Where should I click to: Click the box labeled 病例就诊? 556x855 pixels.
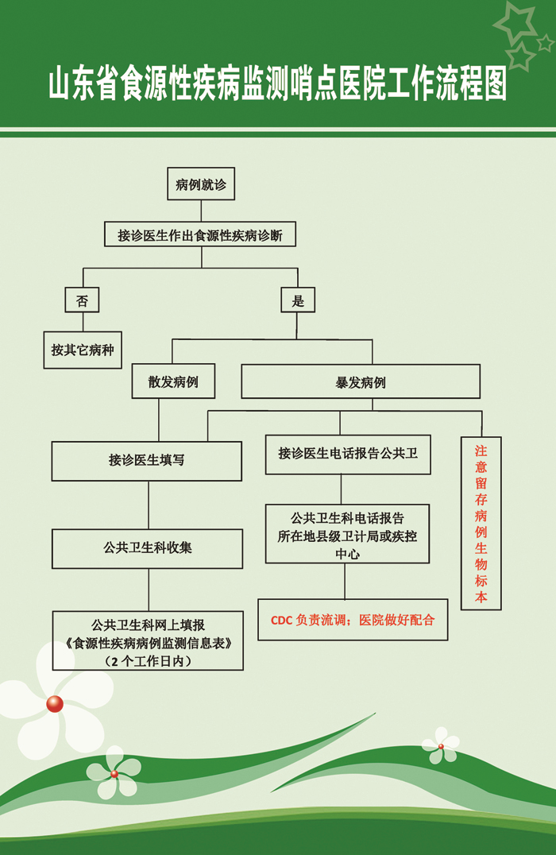201,184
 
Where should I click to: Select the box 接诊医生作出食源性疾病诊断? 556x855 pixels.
200,234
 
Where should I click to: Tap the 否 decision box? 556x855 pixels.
82,300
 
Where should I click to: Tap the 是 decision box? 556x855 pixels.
298,300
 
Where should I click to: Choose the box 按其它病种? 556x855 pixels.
83,350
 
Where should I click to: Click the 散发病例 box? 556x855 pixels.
173,381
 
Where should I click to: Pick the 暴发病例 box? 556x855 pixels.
361,381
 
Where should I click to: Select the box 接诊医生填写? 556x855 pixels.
147,461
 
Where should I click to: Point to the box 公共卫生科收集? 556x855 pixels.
147,548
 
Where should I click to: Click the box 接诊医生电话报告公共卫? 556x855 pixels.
348,455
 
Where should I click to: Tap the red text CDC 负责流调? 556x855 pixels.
308,620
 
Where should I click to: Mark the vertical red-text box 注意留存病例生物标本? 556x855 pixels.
481,523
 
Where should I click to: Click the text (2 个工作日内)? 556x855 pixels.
148,661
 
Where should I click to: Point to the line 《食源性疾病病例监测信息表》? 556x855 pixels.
148,643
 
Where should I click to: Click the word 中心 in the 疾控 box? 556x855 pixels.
347,554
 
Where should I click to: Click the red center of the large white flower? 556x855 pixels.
55,704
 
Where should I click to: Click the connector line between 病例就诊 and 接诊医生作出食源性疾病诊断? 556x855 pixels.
201,211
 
